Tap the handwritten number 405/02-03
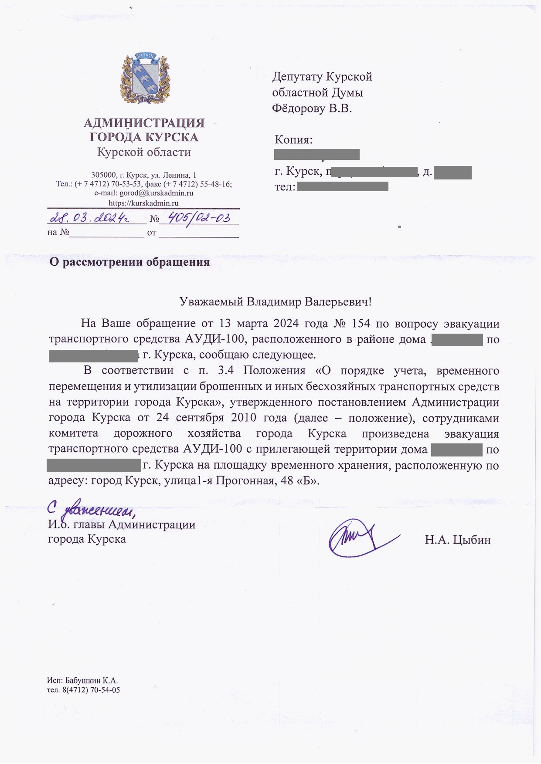199,217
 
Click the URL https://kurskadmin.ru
143,203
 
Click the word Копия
293,140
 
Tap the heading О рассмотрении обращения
129,262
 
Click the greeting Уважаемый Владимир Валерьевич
276,301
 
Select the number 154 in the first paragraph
360,324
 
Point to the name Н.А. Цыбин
457,540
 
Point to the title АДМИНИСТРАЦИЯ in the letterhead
144,123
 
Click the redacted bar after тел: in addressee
343,187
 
